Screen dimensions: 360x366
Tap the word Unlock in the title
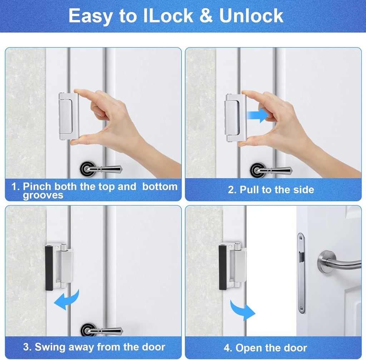coord(251,16)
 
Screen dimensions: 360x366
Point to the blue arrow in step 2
coord(258,115)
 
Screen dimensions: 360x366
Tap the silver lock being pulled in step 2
coord(236,117)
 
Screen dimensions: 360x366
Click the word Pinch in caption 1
coord(37,186)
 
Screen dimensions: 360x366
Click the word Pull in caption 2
coord(249,190)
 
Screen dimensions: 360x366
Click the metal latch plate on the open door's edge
coord(301,273)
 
